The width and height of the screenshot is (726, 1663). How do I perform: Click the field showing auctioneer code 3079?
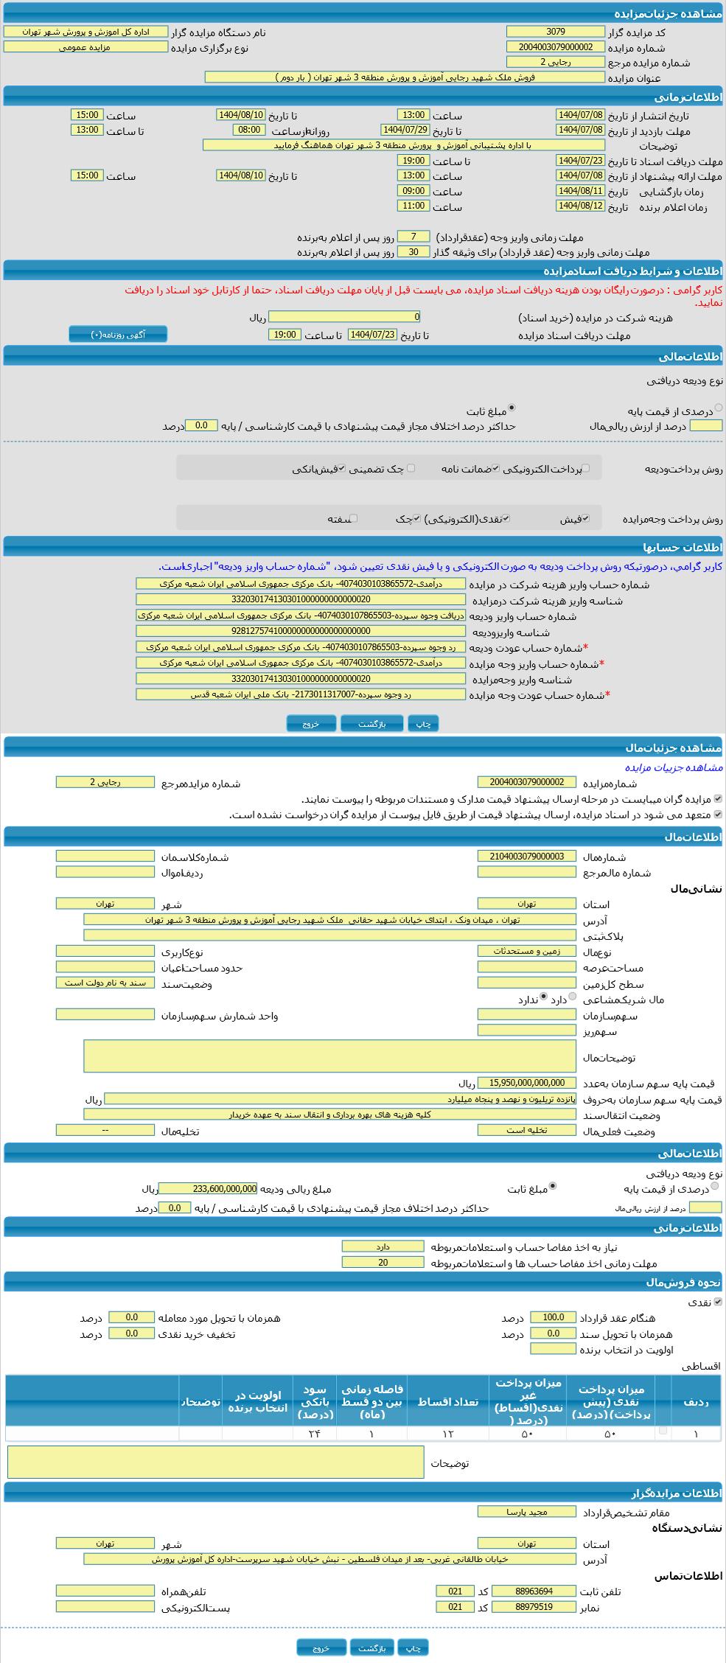click(x=555, y=32)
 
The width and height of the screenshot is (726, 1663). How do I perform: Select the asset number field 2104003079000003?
click(x=526, y=856)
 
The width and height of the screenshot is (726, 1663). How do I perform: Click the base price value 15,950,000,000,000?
click(x=526, y=1083)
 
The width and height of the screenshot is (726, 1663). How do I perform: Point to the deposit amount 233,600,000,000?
click(x=208, y=1188)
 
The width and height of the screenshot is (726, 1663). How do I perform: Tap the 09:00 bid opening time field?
click(x=413, y=191)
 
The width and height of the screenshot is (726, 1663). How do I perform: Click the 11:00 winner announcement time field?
click(x=413, y=206)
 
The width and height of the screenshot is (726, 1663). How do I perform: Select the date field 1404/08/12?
click(x=580, y=206)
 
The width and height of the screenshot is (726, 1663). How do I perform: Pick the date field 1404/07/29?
click(x=405, y=130)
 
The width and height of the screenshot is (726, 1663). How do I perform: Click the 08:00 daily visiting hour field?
click(x=249, y=130)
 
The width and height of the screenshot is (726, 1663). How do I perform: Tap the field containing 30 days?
click(x=413, y=251)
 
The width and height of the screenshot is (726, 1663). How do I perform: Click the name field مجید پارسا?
click(x=526, y=1511)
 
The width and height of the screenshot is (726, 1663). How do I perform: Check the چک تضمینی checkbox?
click(x=411, y=468)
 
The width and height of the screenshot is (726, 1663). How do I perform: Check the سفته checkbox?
click(x=354, y=518)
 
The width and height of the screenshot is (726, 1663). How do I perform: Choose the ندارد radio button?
click(x=544, y=997)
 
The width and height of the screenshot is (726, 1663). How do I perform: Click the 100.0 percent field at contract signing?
click(x=553, y=1317)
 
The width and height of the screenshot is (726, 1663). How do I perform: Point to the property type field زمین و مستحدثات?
click(x=526, y=951)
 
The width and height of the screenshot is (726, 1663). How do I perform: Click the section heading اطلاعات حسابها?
click(x=682, y=548)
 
